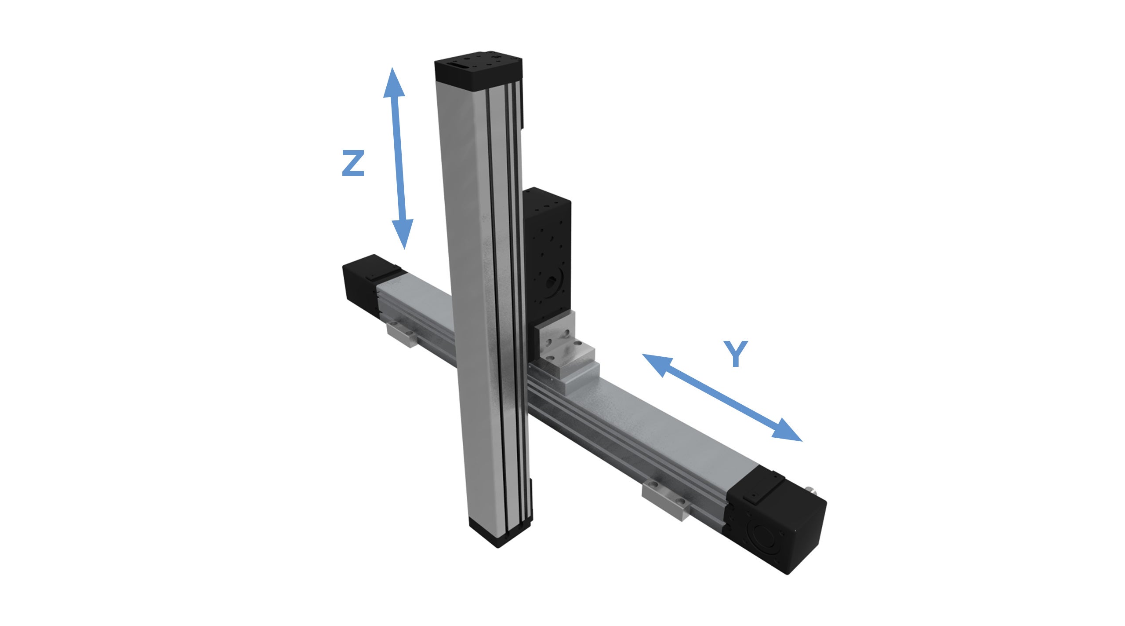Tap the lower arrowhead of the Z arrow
tap(403, 233)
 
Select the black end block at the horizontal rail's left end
tap(365, 284)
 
